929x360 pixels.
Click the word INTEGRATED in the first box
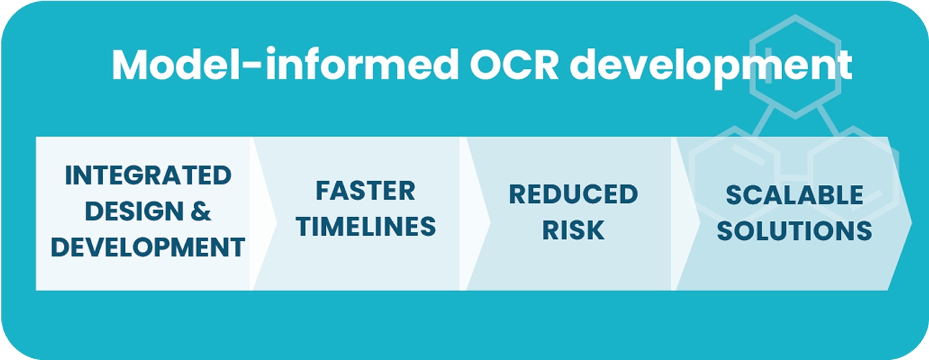point(148,176)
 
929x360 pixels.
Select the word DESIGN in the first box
point(133,212)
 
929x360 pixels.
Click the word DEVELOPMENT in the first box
point(148,248)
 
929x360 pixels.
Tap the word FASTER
point(365,191)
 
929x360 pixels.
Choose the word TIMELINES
point(366,227)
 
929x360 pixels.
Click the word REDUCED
point(573,194)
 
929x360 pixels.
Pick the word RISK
point(573,230)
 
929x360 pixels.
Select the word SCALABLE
point(794,195)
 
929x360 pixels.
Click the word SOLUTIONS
point(794,231)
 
